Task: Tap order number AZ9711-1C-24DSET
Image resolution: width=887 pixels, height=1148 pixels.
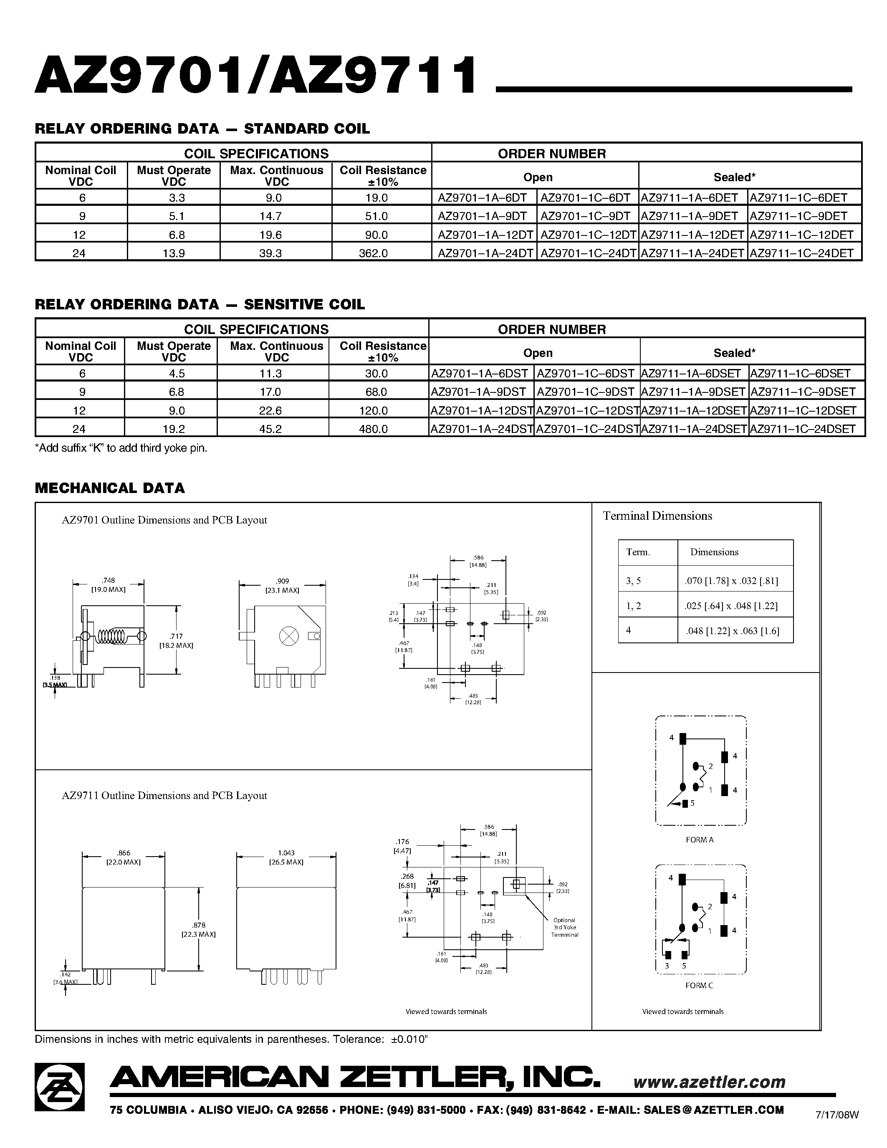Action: point(802,428)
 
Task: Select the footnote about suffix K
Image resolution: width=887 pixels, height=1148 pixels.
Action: point(121,448)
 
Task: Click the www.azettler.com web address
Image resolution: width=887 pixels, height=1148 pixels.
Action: point(709,1081)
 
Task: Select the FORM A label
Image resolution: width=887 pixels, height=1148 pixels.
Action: point(700,840)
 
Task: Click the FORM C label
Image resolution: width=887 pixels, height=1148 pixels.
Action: point(699,985)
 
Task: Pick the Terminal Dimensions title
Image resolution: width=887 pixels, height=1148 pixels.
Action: point(657,516)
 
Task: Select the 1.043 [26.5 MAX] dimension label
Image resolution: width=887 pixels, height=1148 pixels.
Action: point(286,857)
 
